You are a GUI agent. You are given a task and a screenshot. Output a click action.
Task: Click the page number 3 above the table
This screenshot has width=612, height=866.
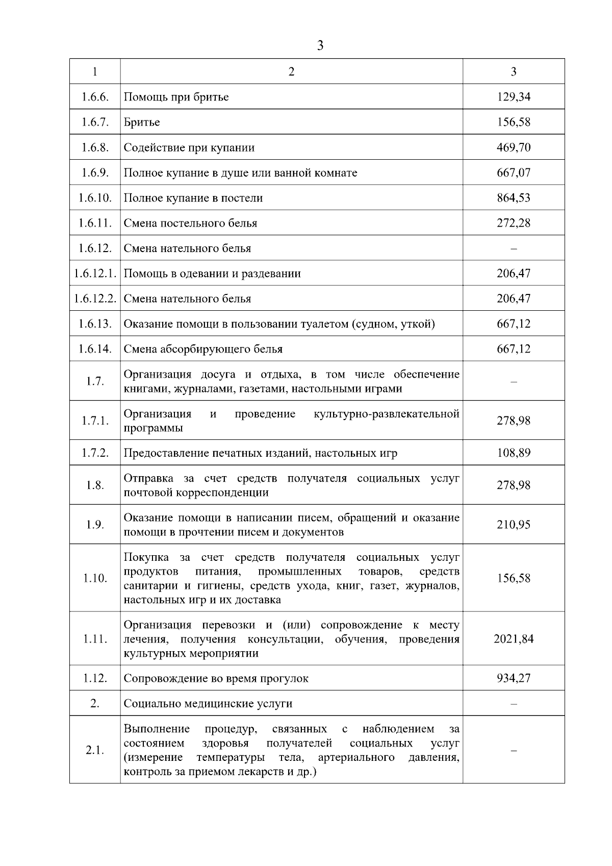320,46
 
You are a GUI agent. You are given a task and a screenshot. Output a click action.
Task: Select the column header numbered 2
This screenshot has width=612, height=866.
291,71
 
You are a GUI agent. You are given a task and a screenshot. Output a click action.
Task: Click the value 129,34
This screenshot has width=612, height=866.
514,97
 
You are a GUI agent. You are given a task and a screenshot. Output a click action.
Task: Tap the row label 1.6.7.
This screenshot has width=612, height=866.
95,122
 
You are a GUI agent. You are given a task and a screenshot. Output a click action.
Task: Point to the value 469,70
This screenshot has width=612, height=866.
514,147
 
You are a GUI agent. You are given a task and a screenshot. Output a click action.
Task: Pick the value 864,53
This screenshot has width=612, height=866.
514,198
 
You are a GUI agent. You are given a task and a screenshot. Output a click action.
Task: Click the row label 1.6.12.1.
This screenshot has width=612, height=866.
95,274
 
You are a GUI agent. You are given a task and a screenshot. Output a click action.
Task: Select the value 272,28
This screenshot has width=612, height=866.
514,223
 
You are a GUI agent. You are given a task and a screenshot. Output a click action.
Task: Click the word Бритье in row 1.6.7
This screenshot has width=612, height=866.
142,122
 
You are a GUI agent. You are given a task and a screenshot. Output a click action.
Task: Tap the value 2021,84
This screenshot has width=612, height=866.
514,639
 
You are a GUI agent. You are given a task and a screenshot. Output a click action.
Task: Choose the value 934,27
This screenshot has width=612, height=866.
514,678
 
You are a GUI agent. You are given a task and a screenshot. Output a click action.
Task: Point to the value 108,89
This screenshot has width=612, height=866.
514,453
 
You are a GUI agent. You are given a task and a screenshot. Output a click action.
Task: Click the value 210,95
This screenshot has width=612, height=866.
514,525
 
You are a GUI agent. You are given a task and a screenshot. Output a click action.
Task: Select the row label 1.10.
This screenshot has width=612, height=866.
95,578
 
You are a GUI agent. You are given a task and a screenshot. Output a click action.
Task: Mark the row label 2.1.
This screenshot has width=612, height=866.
95,750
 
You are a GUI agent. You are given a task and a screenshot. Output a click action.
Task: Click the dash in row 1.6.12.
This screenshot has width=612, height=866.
514,249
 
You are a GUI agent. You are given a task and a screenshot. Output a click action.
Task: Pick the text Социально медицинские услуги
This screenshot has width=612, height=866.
208,704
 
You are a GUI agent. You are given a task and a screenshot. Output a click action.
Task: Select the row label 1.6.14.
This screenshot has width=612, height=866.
95,349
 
